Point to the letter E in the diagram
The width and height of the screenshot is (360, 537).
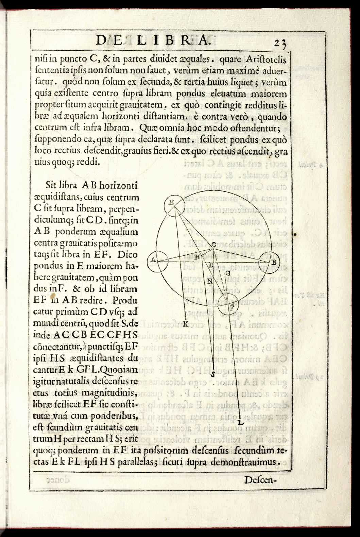pos(172,202)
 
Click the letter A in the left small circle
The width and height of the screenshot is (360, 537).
pos(153,260)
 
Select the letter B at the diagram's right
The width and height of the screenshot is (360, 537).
pos(273,262)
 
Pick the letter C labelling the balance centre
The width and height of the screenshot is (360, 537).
pos(214,244)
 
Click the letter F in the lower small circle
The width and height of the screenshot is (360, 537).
pos(232,308)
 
